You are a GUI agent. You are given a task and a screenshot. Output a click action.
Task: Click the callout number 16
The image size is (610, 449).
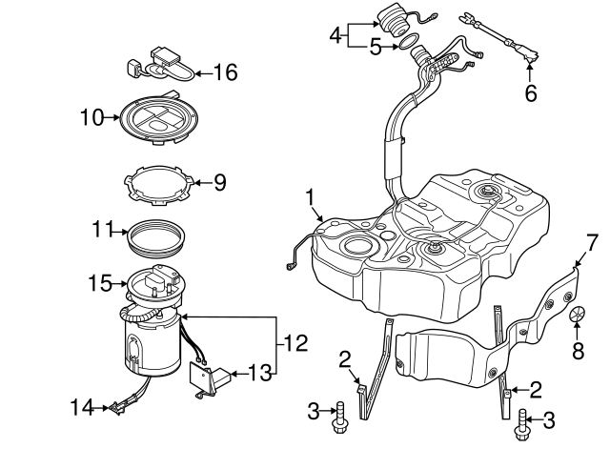pos(224,71)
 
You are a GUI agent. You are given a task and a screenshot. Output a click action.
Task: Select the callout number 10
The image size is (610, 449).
pos(91,118)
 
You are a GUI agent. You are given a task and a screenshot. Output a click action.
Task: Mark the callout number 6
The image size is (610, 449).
pos(531,93)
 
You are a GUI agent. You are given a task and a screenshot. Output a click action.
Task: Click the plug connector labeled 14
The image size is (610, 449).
pos(118,408)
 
